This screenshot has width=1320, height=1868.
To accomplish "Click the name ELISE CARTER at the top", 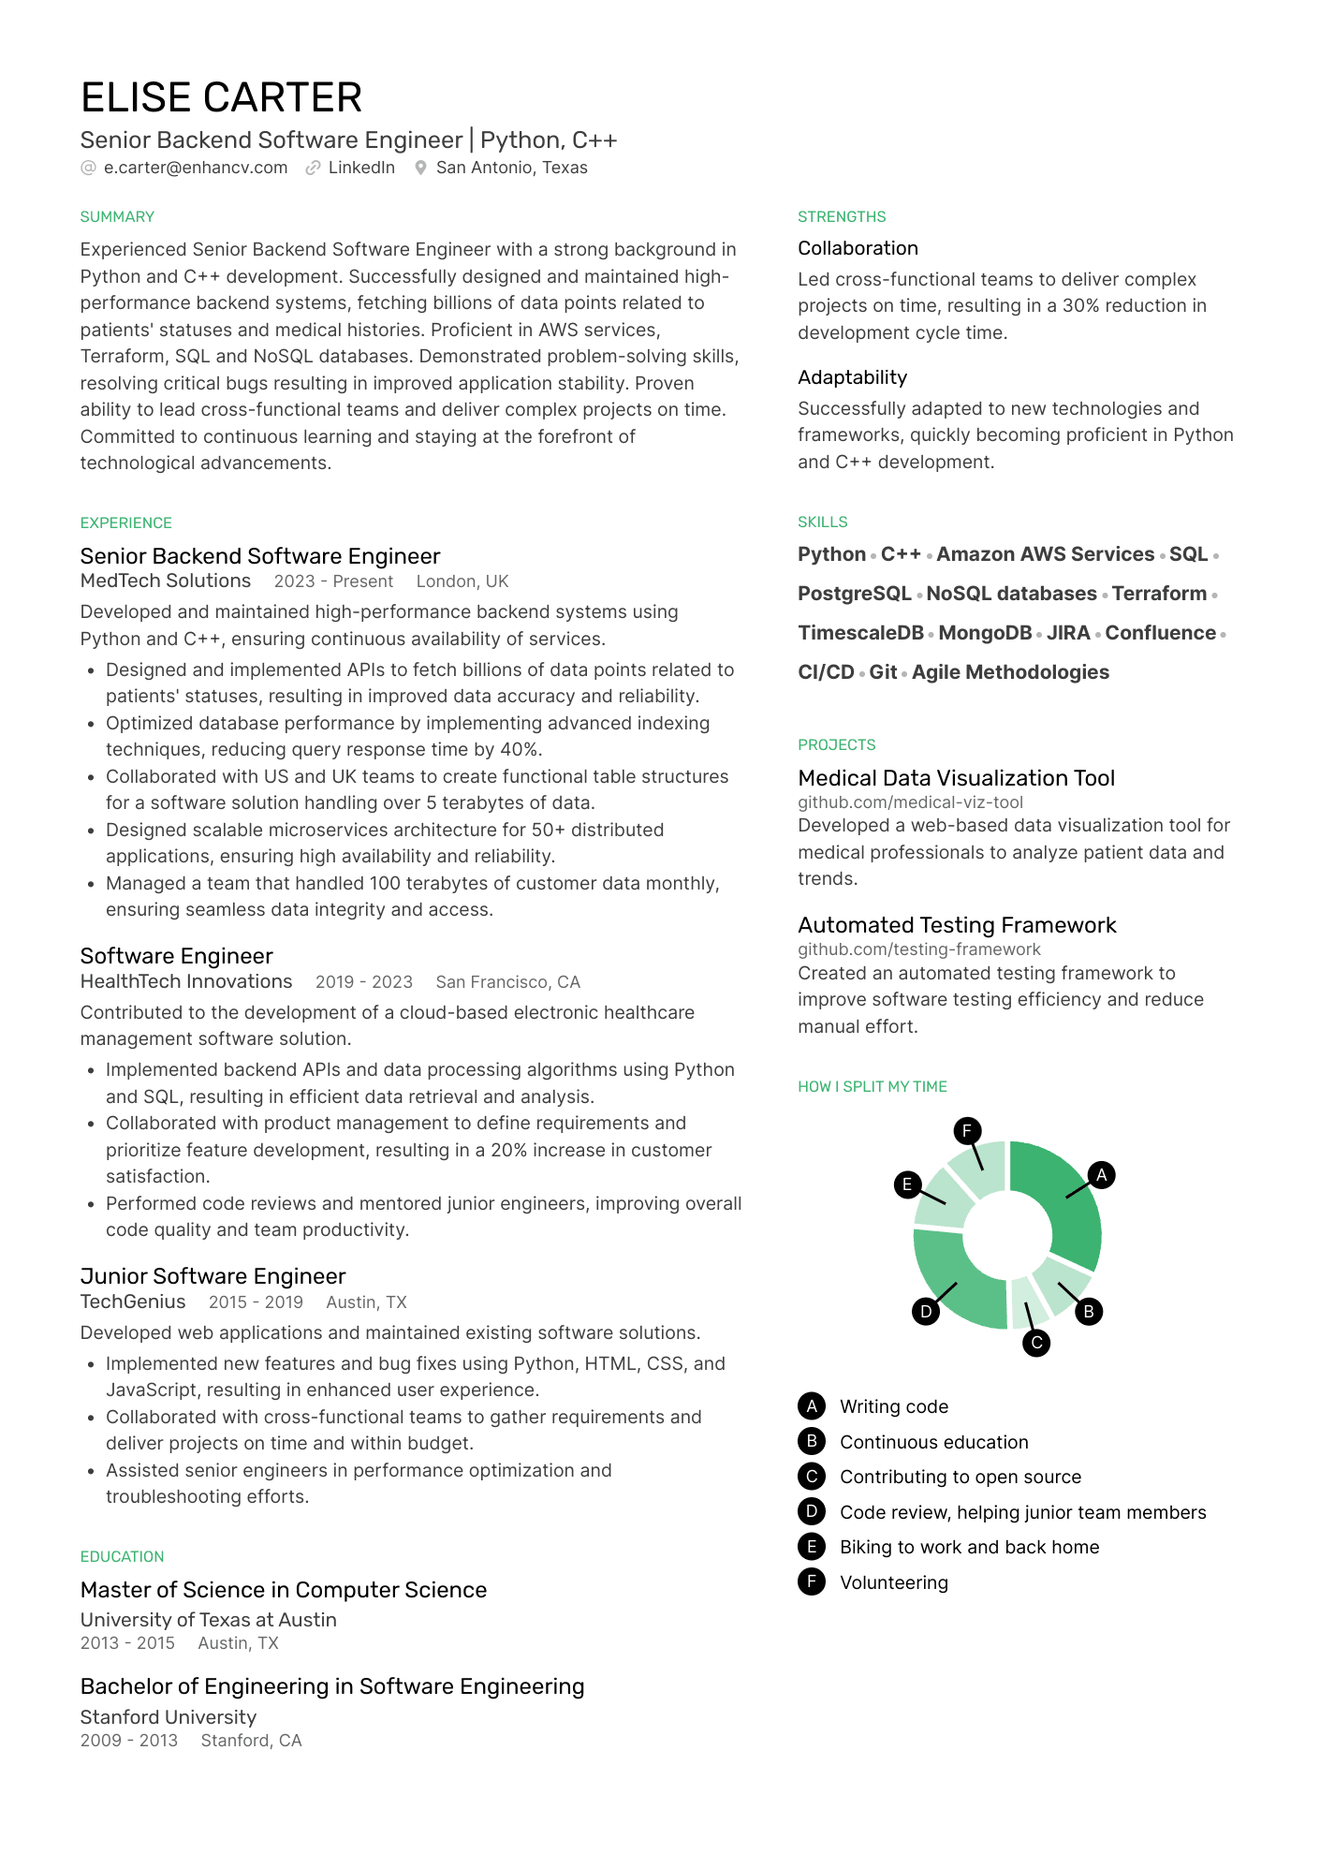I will (221, 98).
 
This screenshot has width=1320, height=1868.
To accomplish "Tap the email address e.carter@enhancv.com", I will (195, 168).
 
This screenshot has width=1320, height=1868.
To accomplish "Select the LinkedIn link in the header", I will (361, 168).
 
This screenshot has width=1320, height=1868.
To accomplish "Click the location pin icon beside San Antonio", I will (421, 168).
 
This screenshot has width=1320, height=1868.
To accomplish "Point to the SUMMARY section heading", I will (117, 217).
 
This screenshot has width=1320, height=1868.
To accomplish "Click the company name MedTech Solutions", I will (166, 581).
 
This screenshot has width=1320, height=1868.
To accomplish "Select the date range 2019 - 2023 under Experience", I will (363, 982).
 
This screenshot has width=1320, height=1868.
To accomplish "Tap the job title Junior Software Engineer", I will (213, 1276).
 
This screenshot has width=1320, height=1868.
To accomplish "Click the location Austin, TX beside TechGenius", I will (366, 1302).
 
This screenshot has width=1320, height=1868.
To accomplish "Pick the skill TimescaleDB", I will (860, 633).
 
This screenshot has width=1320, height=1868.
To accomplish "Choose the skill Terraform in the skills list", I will (1159, 594).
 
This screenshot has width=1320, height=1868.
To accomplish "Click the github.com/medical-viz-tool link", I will (910, 802).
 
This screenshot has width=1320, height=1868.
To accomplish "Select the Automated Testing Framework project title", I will (957, 925).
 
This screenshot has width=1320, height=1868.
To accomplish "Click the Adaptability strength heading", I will (852, 377).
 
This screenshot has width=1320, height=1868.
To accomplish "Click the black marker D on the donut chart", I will (926, 1311).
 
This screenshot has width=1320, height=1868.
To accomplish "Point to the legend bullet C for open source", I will (812, 1477).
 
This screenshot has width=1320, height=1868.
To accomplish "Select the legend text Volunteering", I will (893, 1582).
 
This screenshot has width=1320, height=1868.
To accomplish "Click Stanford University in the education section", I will (169, 1717).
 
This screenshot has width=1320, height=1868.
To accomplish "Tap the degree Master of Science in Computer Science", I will (284, 1590).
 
